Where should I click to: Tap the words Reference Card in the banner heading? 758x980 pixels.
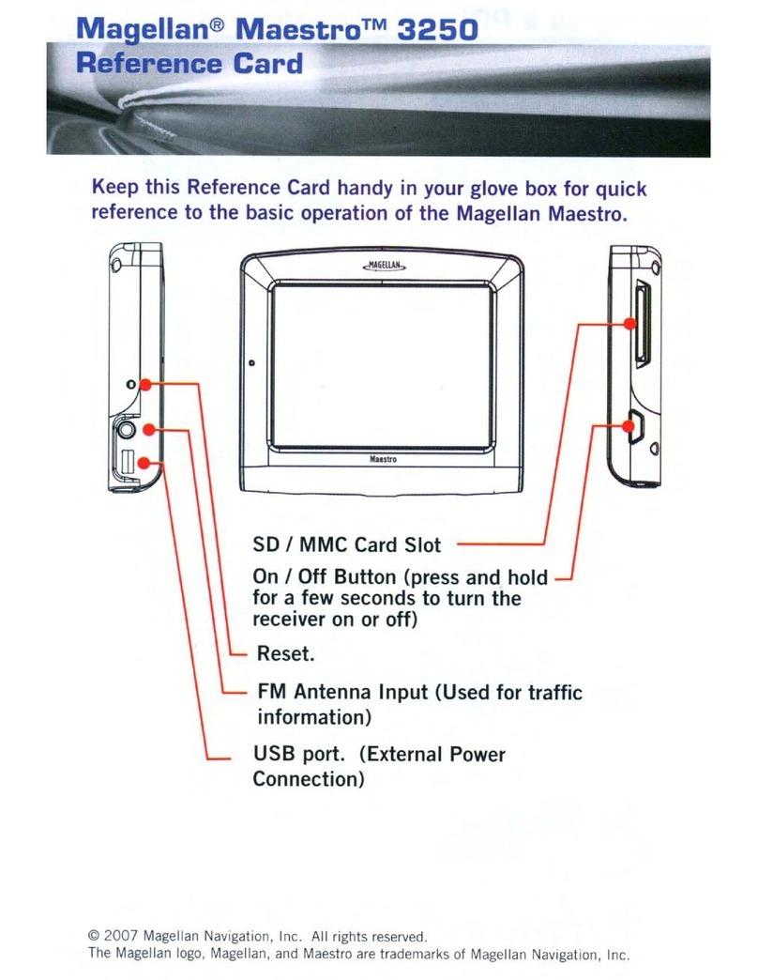(x=189, y=64)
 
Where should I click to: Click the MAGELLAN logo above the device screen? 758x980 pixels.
(x=383, y=267)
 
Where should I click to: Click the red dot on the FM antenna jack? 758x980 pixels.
(x=147, y=428)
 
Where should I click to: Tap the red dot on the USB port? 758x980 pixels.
(x=143, y=460)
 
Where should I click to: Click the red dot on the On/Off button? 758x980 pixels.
(x=629, y=427)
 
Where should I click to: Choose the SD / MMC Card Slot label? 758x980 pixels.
(x=347, y=544)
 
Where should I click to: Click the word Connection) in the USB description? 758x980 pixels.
(x=309, y=780)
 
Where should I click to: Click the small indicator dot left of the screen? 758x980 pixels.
(x=252, y=363)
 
